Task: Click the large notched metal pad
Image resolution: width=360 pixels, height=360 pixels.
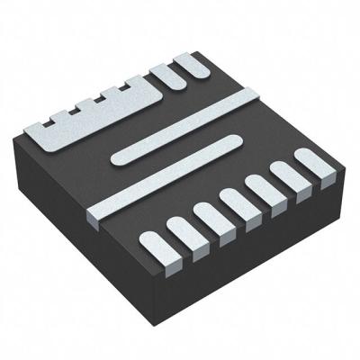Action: tap(99, 121)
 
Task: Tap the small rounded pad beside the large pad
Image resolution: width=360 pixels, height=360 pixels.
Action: tap(191, 73)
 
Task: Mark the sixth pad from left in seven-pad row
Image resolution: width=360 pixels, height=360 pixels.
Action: tap(286, 178)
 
